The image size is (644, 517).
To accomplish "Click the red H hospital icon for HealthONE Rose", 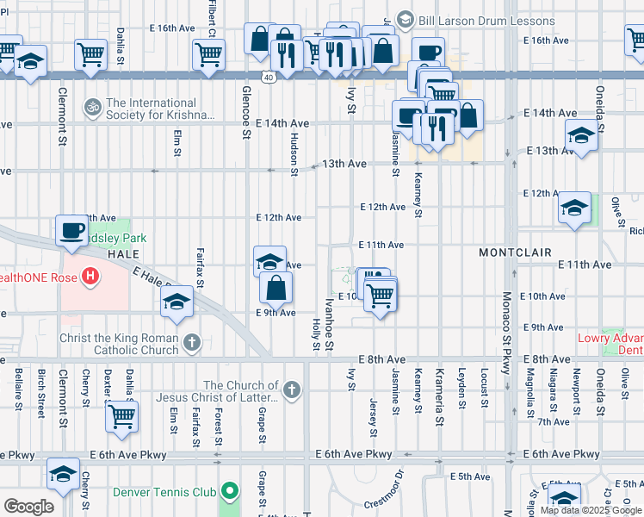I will click(x=90, y=277).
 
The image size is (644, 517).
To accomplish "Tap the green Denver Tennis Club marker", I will click(x=228, y=493).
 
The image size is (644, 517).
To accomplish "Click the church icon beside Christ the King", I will click(x=191, y=343).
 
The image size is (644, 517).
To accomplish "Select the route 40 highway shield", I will click(x=269, y=77).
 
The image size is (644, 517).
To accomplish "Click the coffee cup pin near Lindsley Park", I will click(x=72, y=231).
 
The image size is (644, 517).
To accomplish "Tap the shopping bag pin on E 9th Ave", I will click(x=276, y=287).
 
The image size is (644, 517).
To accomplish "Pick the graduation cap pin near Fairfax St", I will click(x=176, y=302).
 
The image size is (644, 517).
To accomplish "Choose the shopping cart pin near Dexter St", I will click(x=121, y=416).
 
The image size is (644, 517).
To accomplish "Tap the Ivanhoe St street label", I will click(x=329, y=320).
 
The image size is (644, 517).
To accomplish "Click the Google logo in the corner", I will click(x=28, y=507).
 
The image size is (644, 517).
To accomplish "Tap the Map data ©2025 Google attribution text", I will click(x=590, y=510).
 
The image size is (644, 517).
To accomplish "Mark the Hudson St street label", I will click(x=294, y=154).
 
